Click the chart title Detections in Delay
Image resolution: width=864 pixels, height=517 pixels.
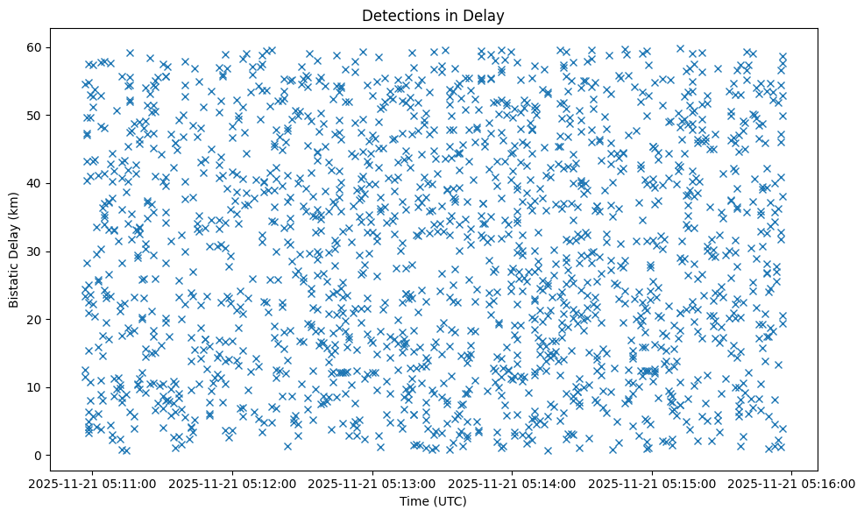coord(433,15)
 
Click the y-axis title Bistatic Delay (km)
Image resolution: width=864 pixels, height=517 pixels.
coord(14,250)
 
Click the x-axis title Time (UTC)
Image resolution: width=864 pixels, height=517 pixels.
coord(433,501)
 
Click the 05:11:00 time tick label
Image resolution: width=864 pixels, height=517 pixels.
coord(94,483)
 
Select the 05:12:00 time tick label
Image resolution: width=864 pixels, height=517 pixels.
coord(233,483)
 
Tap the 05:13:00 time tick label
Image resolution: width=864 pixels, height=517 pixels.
coord(373,483)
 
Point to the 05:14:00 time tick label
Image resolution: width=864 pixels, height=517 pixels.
coord(513,483)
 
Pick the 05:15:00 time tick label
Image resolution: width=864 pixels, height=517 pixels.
coord(653,483)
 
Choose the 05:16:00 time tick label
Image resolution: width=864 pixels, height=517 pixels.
coord(792,483)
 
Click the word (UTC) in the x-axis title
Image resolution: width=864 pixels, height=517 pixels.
coord(450,501)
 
